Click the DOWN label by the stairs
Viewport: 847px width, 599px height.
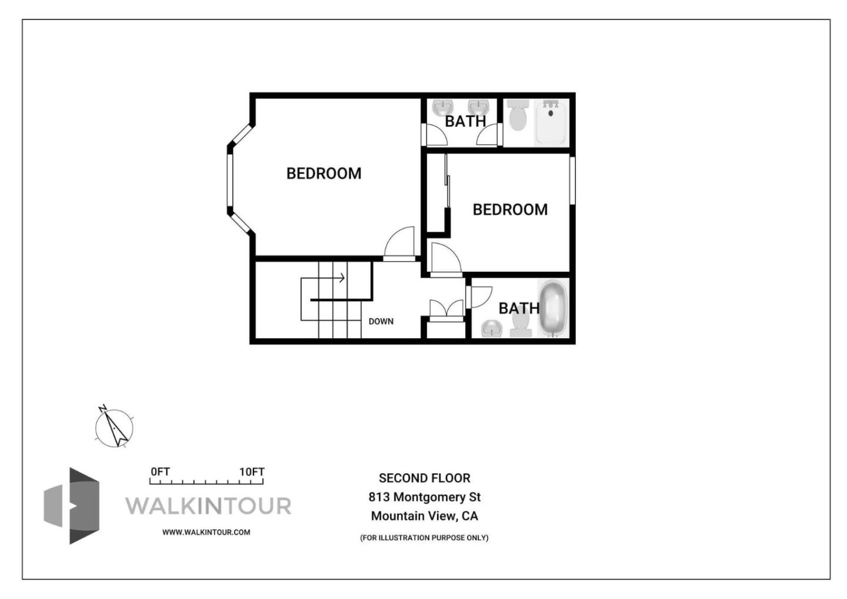point(381,321)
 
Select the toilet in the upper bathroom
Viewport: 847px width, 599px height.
point(518,115)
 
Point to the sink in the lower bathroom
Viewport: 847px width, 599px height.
point(492,328)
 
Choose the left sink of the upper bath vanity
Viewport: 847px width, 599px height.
point(442,108)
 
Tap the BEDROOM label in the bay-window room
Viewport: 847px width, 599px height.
point(324,174)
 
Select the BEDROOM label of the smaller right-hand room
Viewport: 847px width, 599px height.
point(510,209)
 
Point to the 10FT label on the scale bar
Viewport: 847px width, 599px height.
point(252,472)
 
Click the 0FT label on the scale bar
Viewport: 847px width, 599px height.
point(160,472)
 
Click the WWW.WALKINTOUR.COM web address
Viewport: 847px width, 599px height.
point(206,532)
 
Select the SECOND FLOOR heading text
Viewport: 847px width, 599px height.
point(424,478)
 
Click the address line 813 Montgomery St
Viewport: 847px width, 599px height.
point(424,497)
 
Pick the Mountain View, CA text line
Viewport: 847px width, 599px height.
point(424,516)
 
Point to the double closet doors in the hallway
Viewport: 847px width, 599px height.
point(446,310)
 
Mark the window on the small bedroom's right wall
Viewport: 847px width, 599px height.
point(572,180)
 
